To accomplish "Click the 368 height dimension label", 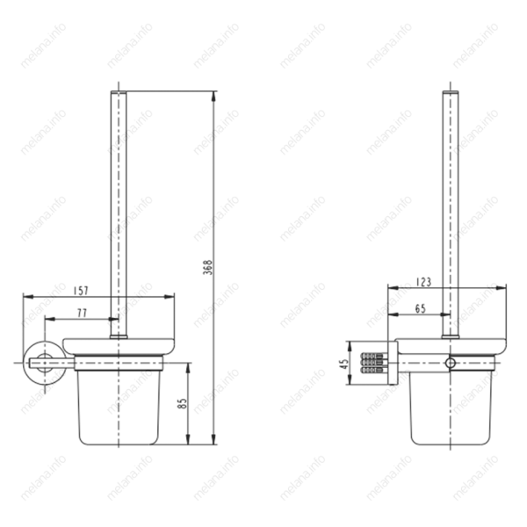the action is click(208, 267).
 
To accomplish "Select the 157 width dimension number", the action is click(81, 291).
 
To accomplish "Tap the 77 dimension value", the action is click(83, 313).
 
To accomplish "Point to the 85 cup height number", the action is click(183, 403).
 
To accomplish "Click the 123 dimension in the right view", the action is click(423, 282).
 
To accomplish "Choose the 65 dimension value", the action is click(421, 308).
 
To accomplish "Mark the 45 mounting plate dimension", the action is click(343, 364).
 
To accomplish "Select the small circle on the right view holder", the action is click(450, 363).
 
